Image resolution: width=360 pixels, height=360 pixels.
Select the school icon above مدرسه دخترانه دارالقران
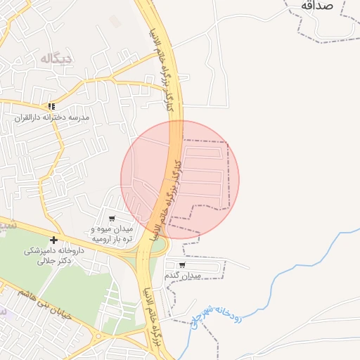[51, 106]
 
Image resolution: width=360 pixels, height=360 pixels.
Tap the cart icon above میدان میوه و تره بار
[111, 219]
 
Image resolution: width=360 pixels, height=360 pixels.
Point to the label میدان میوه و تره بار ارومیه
[112, 233]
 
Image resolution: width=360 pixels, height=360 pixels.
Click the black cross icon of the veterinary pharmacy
[53, 240]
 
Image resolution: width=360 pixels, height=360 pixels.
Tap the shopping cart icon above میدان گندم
[182, 265]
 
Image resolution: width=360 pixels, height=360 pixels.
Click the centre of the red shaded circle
[180, 179]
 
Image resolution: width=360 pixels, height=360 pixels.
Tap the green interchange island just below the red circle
[159, 245]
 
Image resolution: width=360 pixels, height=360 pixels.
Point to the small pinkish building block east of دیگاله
[115, 22]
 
